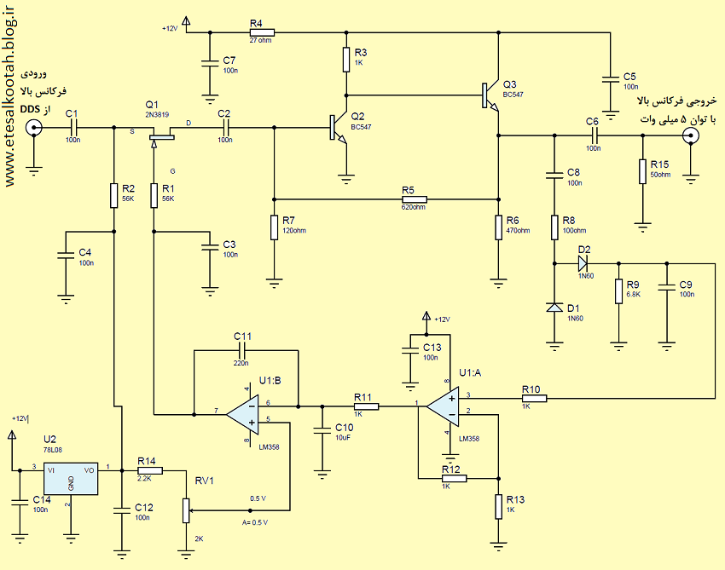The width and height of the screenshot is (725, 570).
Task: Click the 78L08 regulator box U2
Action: coord(71,479)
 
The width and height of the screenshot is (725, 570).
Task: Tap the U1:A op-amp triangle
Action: coord(443,406)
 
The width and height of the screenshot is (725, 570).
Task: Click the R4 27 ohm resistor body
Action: coord(262,32)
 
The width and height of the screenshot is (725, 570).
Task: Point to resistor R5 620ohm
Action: coord(414,199)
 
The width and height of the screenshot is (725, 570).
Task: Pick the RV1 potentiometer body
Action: coord(186,510)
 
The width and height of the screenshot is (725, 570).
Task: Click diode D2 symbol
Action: coord(583,264)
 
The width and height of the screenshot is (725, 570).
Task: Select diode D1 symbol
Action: coord(554,308)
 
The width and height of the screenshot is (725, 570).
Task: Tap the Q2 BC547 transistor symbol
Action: coord(338,128)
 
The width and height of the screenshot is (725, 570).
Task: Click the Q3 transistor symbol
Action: coord(490,96)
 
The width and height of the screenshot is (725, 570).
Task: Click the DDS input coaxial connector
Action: coord(33,128)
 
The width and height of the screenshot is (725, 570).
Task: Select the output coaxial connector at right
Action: coord(691,135)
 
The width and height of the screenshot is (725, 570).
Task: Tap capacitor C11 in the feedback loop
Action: coord(243,350)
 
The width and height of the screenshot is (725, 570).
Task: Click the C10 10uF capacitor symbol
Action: coord(322,430)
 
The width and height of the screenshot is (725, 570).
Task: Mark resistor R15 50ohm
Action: coord(642,171)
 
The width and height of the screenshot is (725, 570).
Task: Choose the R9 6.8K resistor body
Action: coord(618,291)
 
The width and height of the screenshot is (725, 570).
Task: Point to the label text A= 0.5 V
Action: coord(255,522)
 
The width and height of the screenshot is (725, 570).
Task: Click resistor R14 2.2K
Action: coord(150,470)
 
